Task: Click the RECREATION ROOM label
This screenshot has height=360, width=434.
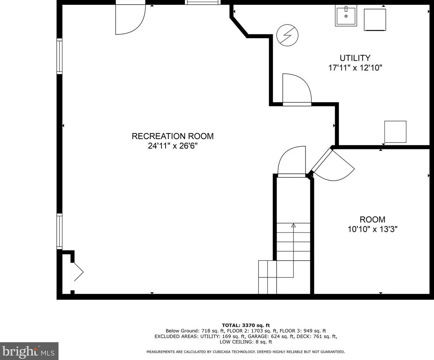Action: pos(173,136)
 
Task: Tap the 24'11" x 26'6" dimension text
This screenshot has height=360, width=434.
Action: pos(173,146)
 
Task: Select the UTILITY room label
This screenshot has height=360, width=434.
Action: pos(355,58)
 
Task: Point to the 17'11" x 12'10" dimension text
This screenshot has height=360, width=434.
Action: pos(355,68)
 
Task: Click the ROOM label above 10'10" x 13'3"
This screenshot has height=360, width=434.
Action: pos(372,219)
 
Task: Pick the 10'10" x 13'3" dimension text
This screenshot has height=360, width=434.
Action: pos(372,229)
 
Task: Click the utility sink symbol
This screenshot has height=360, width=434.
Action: pos(346,16)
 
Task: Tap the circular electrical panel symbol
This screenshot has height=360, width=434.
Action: pos(288,35)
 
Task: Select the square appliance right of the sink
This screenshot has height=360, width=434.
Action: pos(375,20)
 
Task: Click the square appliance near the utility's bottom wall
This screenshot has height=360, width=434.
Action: pos(395,132)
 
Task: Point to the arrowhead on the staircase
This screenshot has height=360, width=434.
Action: pos(293,225)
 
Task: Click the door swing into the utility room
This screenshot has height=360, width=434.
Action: pos(297,89)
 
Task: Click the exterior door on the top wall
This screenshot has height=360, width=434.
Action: pos(130,19)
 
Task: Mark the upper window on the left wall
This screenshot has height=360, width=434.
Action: pos(60,56)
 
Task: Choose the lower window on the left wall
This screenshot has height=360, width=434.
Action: pos(60,231)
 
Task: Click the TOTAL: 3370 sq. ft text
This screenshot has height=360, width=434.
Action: pos(246,325)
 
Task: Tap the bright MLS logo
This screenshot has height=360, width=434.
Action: pos(29,351)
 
